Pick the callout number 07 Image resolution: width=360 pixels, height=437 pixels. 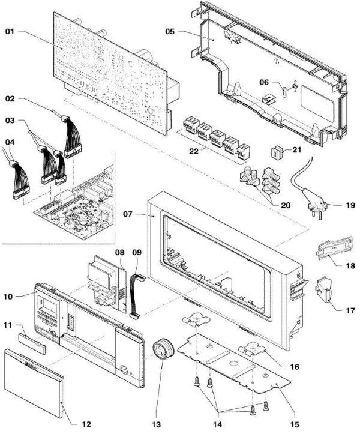click(135, 214)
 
